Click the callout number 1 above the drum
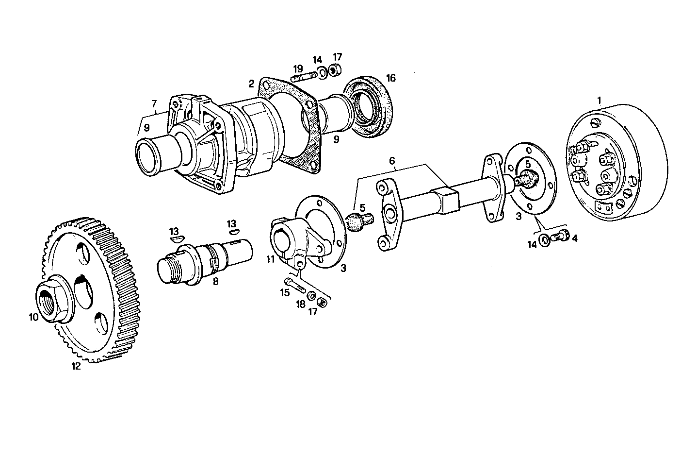pos(599,101)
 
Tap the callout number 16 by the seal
pos(390,78)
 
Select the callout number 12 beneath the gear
pos(76,366)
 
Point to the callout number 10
pos(33,317)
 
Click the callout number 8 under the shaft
pos(215,281)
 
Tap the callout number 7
pos(154,103)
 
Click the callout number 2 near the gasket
pos(251,84)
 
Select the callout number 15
pos(284,292)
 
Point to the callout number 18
pos(301,304)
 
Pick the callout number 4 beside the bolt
pos(575,238)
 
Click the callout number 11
pos(270,260)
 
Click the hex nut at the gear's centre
pos(53,301)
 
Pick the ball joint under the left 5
pos(359,221)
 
